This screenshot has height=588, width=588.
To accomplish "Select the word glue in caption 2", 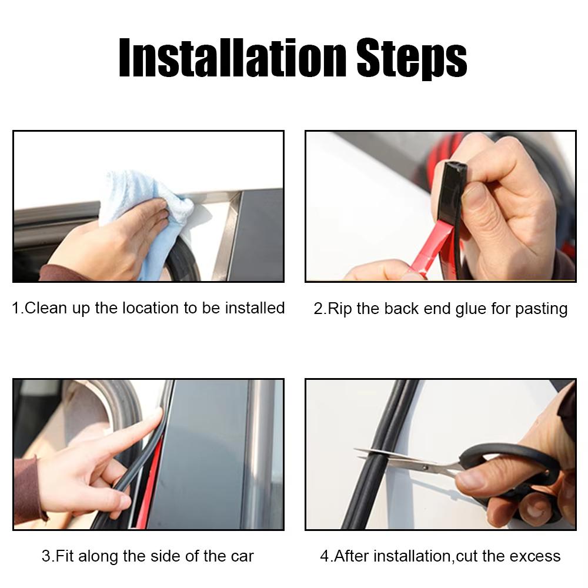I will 471,309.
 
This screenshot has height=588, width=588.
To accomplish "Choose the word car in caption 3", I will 241,556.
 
